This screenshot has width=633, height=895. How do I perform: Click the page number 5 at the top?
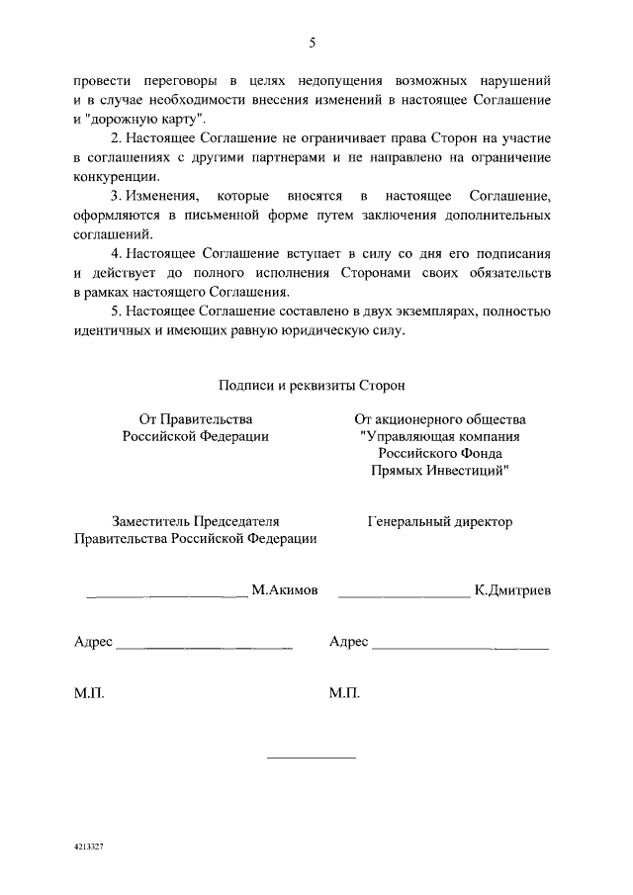point(312,42)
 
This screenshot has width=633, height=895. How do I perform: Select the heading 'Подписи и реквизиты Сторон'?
point(312,385)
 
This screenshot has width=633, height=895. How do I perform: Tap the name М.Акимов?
point(285,590)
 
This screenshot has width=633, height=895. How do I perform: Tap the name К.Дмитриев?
point(512,590)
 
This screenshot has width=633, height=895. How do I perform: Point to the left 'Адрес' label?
point(93,642)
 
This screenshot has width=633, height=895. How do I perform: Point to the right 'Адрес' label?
point(348,642)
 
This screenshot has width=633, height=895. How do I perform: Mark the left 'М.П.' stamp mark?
point(89,693)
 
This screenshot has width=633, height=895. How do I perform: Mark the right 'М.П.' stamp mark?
point(344,693)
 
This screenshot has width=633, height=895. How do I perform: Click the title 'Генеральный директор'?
point(440,521)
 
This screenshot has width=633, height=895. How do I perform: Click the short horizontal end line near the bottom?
point(312,758)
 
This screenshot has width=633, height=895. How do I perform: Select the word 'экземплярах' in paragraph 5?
point(444,312)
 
